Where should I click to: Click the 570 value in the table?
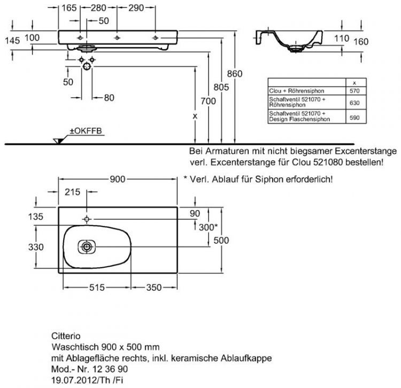coord(354,91)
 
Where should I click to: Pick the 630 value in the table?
coord(354,102)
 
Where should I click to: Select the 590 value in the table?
coord(354,117)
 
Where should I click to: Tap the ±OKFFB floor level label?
coord(79,131)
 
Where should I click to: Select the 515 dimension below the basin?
coord(97,288)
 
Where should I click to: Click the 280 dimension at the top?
coord(97,8)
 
